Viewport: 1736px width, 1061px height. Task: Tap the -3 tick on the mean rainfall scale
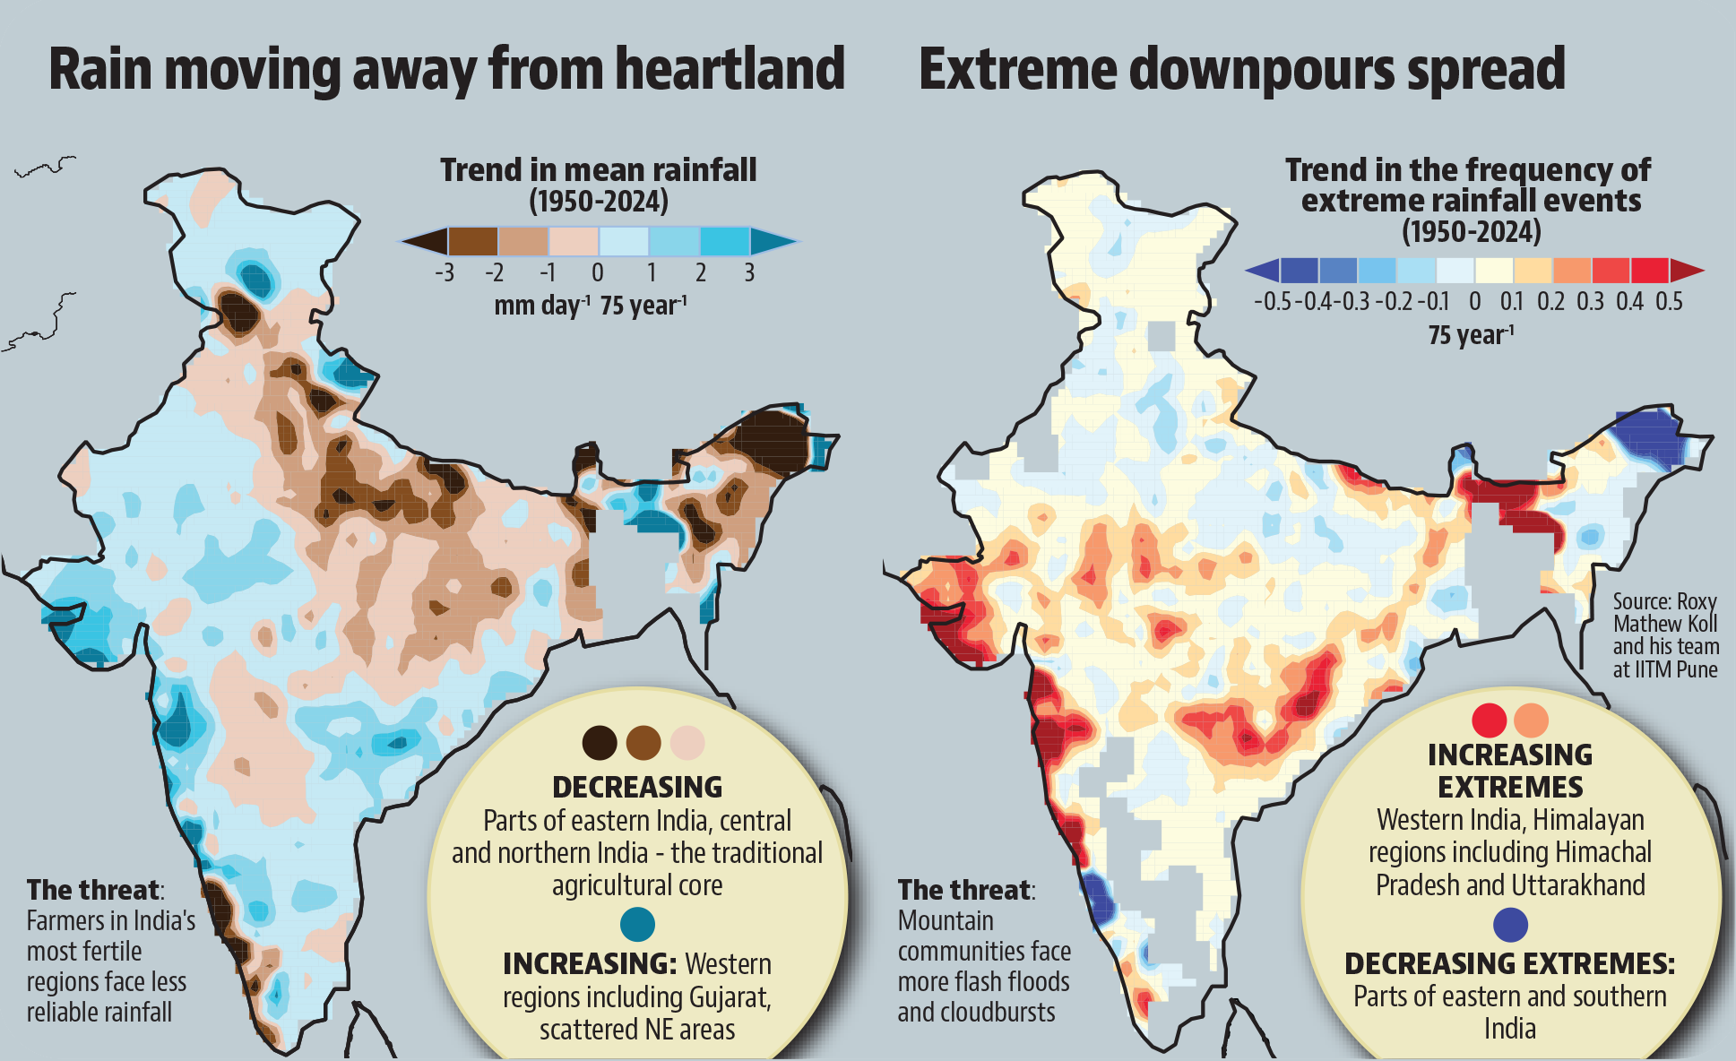pos(444,272)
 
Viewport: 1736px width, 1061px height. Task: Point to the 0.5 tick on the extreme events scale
pos(1669,301)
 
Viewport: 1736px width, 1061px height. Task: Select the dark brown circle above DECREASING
pos(600,743)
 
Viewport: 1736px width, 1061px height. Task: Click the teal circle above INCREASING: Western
pos(637,924)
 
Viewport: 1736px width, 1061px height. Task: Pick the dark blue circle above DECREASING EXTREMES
pos(1511,925)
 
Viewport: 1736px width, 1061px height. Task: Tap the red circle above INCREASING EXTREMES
pos(1490,720)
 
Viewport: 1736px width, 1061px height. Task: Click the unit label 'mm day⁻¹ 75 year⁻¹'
pos(590,306)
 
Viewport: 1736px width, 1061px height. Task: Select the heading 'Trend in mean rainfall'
pos(598,169)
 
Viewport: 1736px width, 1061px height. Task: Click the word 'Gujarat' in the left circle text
pos(728,997)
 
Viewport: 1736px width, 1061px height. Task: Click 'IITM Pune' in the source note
pos(1664,669)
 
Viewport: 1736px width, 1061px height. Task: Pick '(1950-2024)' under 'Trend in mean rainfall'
pos(598,201)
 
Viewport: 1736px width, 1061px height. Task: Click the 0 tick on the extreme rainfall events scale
pos(1474,301)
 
